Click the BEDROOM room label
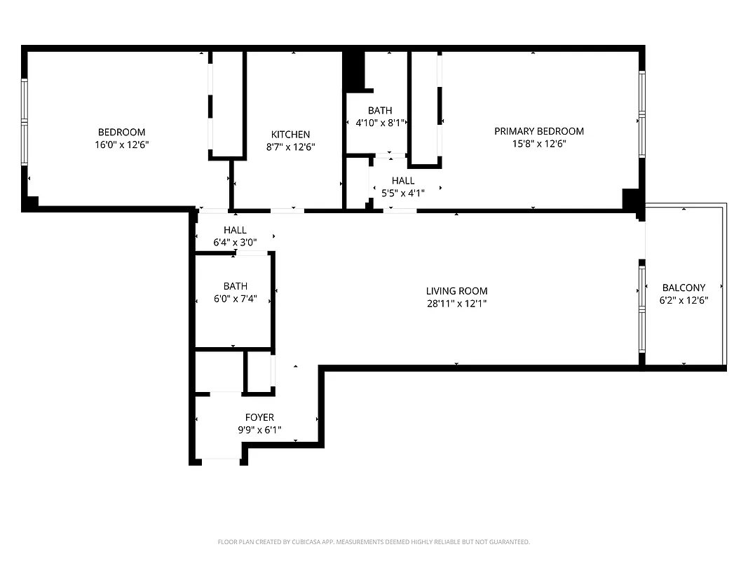click(x=121, y=133)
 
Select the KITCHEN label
click(x=290, y=135)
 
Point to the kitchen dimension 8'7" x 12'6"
click(x=290, y=147)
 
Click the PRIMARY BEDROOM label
click(x=538, y=131)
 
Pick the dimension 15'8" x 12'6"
click(x=538, y=144)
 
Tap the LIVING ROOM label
click(x=456, y=291)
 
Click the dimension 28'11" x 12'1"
click(x=456, y=304)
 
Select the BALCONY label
click(x=684, y=288)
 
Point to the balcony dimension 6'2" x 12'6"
click(x=684, y=300)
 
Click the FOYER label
click(x=259, y=417)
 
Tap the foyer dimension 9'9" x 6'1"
click(x=259, y=430)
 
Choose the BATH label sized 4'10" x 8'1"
click(x=380, y=111)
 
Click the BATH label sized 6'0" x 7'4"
click(x=235, y=286)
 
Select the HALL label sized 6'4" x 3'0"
click(x=235, y=230)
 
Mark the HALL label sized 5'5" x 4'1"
click(x=403, y=181)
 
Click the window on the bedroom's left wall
click(x=25, y=122)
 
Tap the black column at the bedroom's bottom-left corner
click(x=30, y=203)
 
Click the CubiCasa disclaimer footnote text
click(x=374, y=542)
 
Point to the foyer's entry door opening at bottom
click(x=221, y=461)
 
